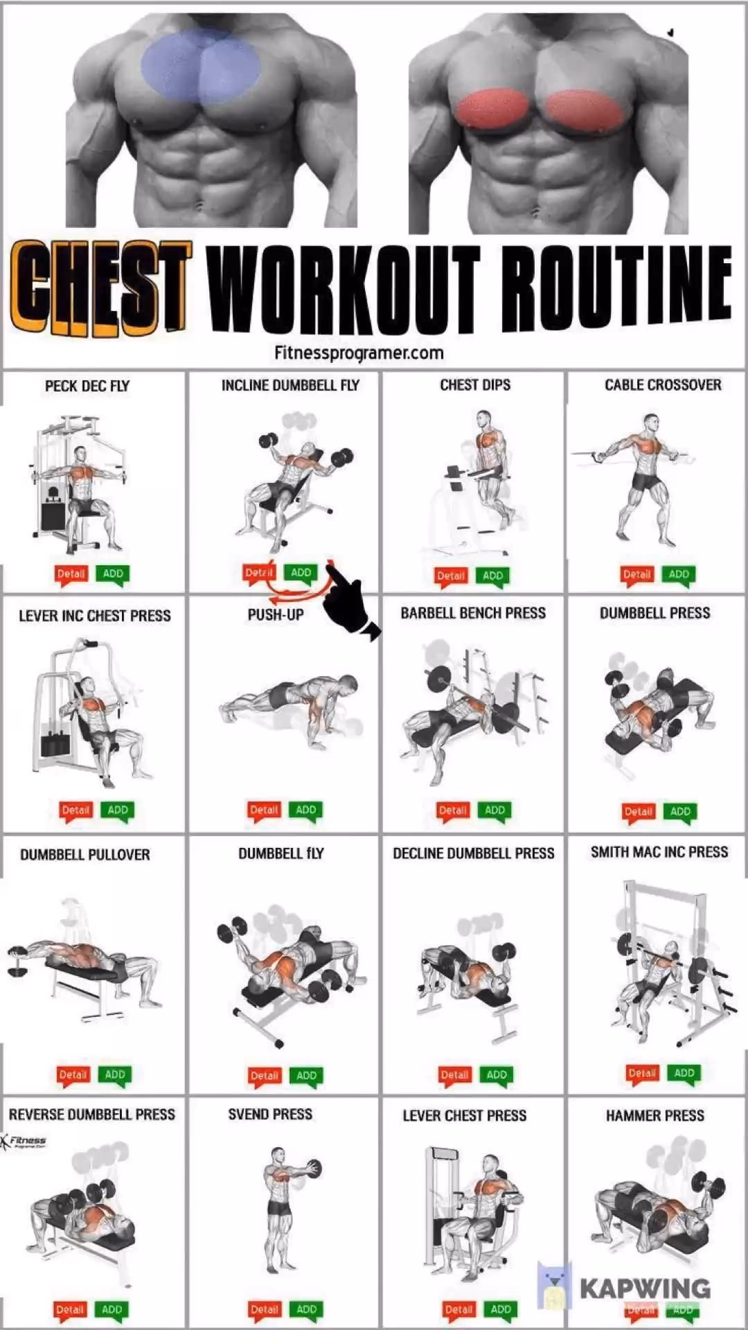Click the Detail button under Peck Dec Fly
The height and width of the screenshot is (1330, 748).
71,574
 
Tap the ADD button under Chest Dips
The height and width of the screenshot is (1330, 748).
493,575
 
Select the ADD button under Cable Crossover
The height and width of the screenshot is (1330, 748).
679,574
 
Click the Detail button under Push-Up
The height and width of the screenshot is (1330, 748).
264,810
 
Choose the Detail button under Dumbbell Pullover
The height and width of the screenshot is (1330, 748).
73,1074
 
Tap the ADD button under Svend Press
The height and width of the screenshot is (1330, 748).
306,1309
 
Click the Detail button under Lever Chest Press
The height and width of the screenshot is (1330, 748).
458,1309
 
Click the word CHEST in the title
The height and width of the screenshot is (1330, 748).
100,287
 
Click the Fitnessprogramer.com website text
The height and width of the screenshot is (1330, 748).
359,353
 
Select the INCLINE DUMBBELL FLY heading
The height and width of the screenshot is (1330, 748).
290,385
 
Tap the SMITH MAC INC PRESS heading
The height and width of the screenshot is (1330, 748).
659,852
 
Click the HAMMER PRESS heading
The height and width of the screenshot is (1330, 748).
654,1115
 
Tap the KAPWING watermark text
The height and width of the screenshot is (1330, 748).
644,1289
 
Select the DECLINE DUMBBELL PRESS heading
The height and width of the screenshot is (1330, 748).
473,853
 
